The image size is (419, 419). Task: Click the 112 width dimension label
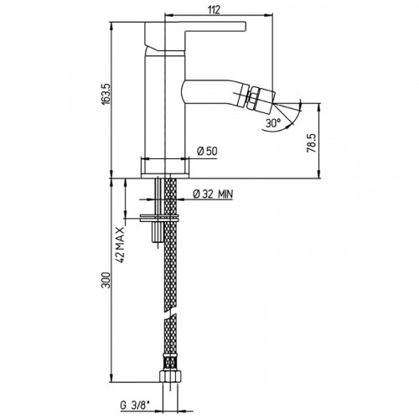click(214, 10)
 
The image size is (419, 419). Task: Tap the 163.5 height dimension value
click(106, 94)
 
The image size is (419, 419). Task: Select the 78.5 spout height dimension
click(312, 142)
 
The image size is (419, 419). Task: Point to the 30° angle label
click(273, 123)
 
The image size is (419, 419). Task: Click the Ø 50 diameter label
click(207, 151)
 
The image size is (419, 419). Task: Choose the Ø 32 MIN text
click(213, 194)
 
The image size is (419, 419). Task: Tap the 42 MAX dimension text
click(120, 245)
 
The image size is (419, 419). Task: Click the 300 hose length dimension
click(106, 280)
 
